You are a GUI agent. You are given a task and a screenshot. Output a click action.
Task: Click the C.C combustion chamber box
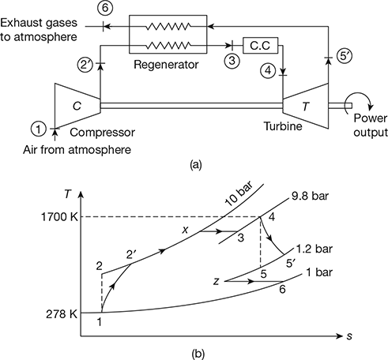(260, 46)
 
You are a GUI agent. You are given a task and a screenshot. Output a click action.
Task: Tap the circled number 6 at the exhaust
(105, 8)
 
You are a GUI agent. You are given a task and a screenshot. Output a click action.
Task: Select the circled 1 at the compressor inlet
(39, 129)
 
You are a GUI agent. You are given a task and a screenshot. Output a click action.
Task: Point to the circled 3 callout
(232, 61)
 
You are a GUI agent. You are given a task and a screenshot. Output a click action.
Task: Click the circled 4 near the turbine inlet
(268, 70)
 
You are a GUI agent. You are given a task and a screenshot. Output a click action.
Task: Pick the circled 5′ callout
(344, 57)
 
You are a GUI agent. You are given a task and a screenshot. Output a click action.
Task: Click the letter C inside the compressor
(77, 106)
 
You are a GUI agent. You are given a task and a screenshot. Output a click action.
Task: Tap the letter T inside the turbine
(306, 107)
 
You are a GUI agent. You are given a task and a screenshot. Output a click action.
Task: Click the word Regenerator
(166, 65)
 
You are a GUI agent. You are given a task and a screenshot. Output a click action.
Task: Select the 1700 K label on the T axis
(59, 217)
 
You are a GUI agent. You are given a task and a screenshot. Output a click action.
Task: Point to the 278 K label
(62, 314)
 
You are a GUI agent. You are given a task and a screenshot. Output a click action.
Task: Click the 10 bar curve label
(239, 194)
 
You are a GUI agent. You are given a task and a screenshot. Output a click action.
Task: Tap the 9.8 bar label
(311, 196)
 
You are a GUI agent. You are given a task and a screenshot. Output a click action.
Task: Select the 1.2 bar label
(314, 249)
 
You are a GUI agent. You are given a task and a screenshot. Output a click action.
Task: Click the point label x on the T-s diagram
(186, 231)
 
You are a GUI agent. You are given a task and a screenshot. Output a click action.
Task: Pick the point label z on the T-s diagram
(217, 282)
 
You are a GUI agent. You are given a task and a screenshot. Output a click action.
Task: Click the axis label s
(349, 336)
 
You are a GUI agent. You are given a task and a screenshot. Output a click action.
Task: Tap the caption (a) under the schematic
(195, 165)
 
